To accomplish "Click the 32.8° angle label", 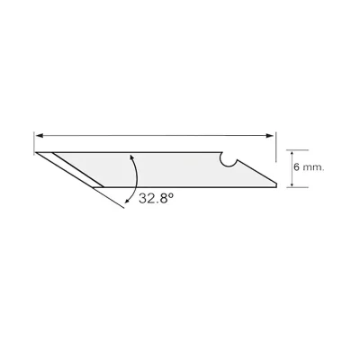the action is [x=156, y=198].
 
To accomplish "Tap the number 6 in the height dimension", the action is [x=297, y=167].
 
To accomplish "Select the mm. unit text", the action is [x=314, y=168].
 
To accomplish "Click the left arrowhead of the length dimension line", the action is [x=39, y=136].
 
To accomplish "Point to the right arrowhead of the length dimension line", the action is [x=270, y=136].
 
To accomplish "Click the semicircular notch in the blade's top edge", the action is [x=229, y=159].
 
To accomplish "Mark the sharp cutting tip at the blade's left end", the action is [x=36, y=153].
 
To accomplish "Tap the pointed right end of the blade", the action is [x=275, y=184].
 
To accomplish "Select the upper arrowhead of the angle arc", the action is [x=130, y=157].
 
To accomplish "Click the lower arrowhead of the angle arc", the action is [x=127, y=202].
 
